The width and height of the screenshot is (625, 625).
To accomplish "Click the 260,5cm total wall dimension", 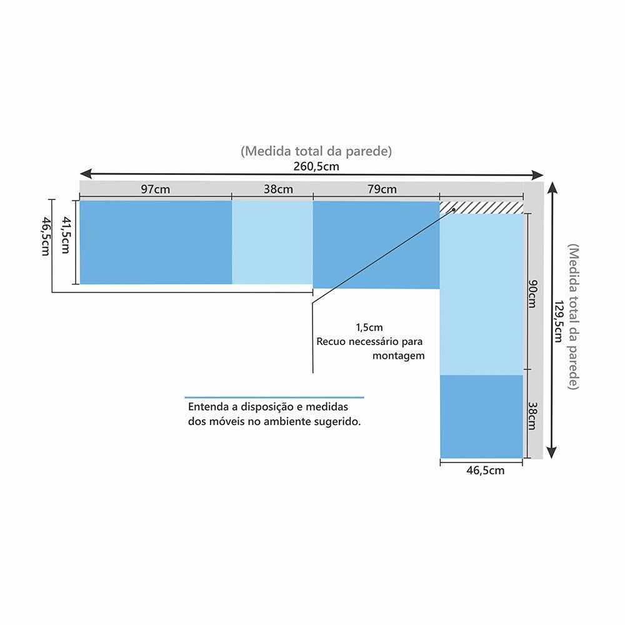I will pos(316,166).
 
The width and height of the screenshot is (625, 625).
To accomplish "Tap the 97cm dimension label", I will pos(155,189).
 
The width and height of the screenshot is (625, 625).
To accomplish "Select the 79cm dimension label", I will pos(382,189).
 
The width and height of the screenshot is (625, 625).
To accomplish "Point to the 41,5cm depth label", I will pos(65,234).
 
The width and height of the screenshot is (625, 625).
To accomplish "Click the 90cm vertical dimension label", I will pos(532,294).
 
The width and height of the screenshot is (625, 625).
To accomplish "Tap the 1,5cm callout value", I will pos(369,327).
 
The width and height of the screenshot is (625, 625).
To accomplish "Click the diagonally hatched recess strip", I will pos(481,207).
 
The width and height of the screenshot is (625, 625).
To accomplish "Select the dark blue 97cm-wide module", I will pos(156,242).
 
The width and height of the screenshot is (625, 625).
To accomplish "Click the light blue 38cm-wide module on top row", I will pos(272,242).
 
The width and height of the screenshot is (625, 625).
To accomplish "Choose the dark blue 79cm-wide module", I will pos(376,245).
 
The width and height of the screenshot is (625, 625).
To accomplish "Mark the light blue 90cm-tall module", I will pos(481,294).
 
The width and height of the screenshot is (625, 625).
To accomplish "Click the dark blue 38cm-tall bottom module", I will pos(481,416).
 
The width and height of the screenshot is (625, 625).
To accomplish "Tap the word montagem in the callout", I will pos(399,356).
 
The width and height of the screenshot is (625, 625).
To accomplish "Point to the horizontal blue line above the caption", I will pos(274,397).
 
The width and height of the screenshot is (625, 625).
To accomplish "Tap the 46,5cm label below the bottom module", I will pos(486,471).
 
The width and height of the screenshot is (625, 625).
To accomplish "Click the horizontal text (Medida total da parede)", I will pos(316,151).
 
